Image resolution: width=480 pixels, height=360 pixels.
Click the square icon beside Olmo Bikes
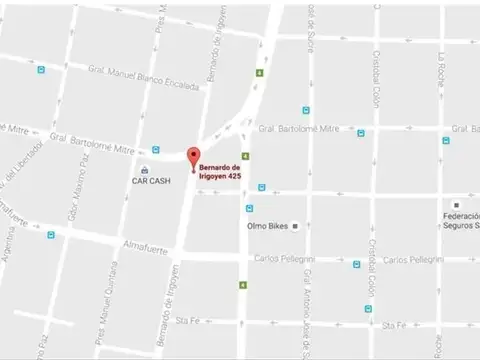tap(295, 226)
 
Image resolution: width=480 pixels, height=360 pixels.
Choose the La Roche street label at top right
tap(439, 71)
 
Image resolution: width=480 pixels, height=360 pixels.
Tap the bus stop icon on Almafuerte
tap(50, 235)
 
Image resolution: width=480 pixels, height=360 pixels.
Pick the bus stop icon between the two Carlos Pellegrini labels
tap(356, 265)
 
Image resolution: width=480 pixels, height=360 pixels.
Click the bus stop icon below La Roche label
tap(445, 140)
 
